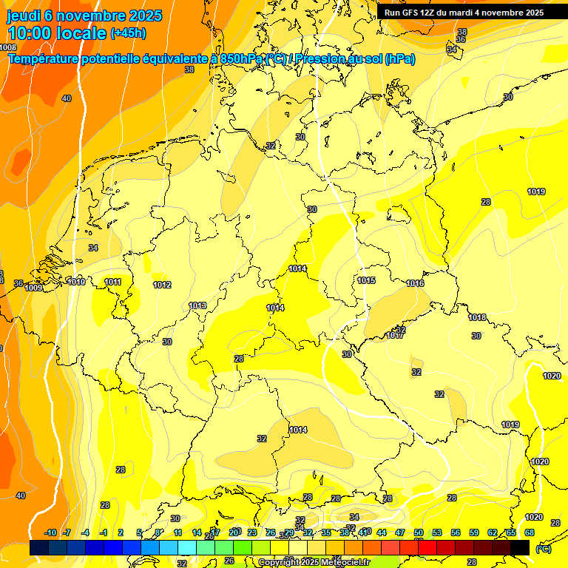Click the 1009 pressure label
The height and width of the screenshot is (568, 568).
[33, 288]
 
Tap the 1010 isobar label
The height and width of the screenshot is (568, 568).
[76, 282]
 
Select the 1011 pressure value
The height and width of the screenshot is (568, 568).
[113, 282]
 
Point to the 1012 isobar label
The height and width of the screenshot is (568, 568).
[162, 285]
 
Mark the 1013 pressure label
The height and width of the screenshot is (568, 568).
[197, 305]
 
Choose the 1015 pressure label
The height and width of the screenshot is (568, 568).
[366, 280]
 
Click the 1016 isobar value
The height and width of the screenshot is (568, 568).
[415, 283]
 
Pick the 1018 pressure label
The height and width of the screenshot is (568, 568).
[477, 317]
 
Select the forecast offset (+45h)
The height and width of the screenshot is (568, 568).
[129, 33]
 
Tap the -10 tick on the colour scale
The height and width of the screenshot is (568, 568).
[50, 532]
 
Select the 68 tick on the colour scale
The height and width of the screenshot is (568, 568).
[530, 532]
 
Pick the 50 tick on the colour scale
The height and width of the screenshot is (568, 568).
[419, 532]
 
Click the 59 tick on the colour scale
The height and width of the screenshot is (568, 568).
[474, 532]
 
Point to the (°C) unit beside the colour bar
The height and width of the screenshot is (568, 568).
[543, 548]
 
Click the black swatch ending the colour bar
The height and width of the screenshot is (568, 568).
[520, 547]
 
